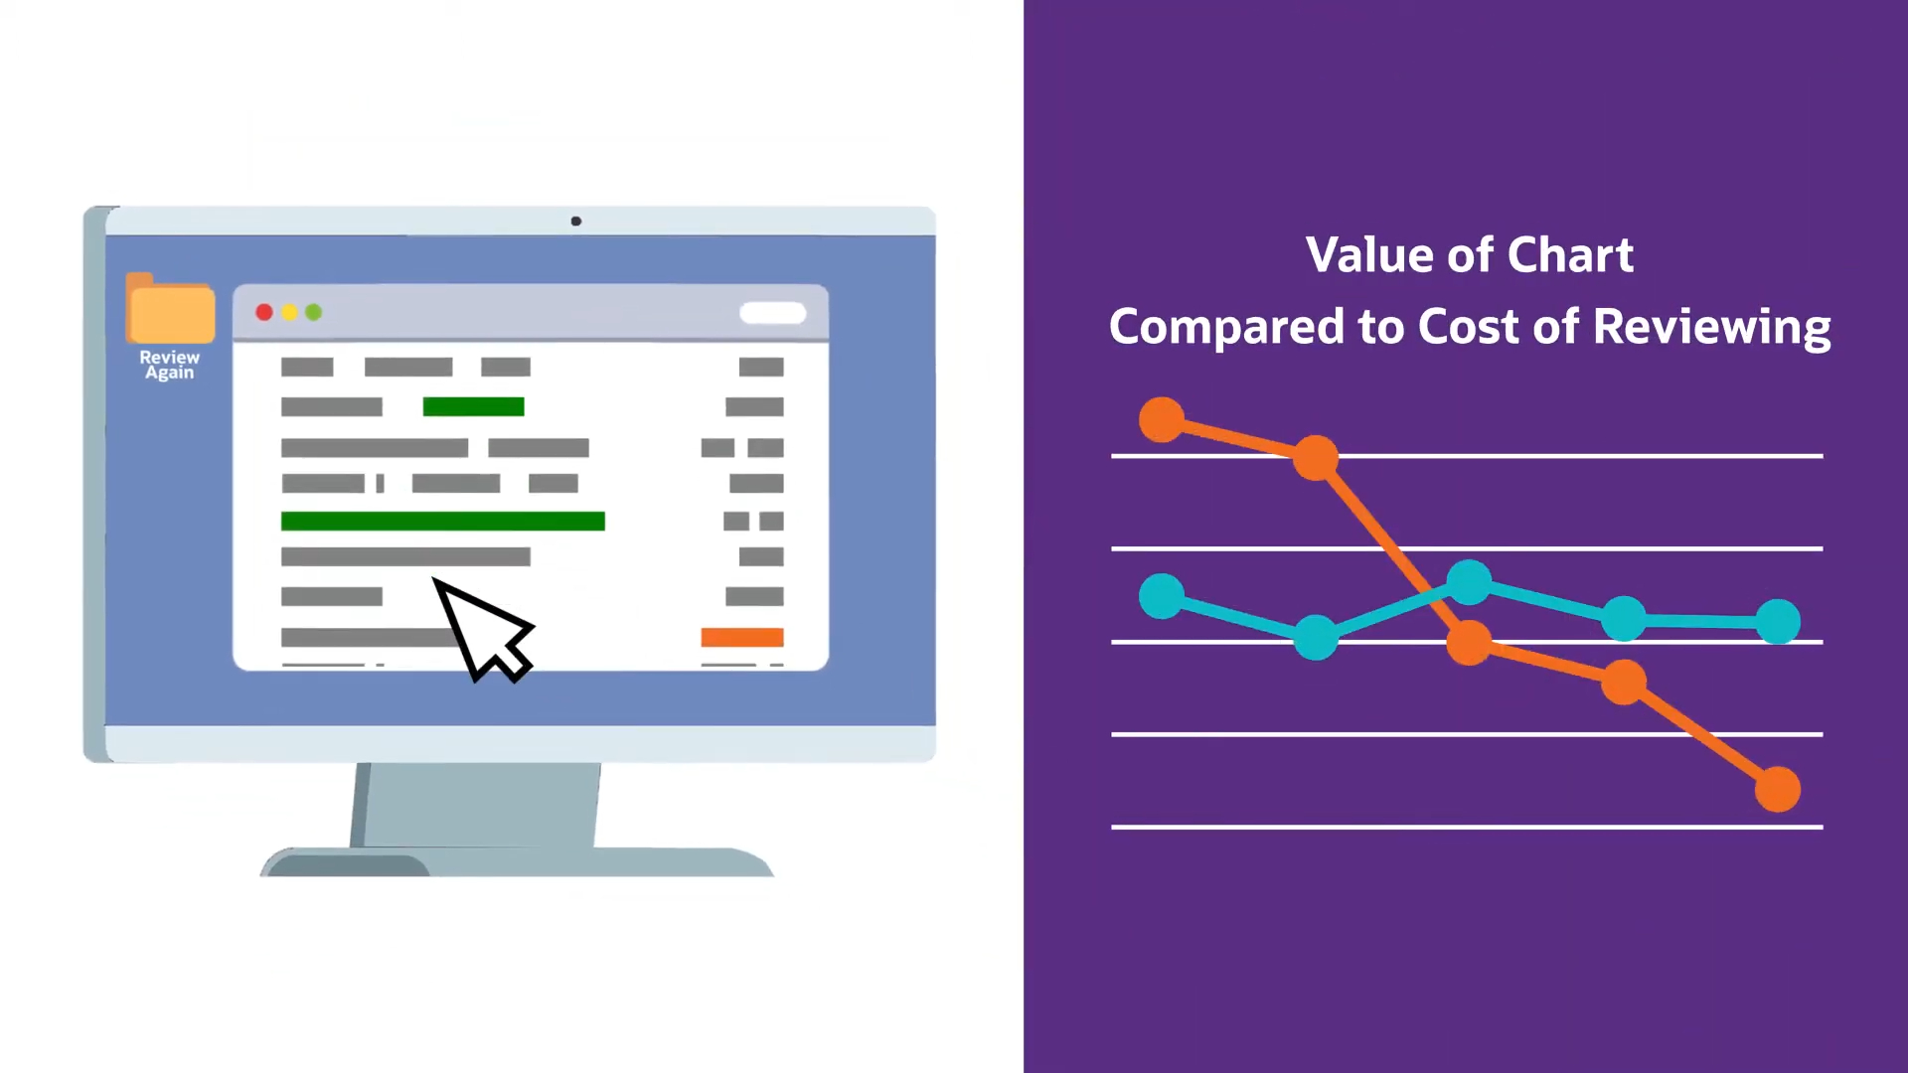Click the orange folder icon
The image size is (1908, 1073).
[170, 308]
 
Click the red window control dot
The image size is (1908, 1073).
[264, 313]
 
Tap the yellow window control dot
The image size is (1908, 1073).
[289, 313]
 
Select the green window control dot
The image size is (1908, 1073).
[314, 313]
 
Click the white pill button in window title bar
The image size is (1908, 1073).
[773, 313]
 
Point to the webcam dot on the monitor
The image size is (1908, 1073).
[576, 221]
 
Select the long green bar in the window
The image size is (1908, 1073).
[443, 522]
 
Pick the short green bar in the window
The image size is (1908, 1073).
[473, 406]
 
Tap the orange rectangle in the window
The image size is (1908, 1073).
[742, 638]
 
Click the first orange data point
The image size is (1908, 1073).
[1162, 419]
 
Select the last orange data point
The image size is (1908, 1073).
[1778, 790]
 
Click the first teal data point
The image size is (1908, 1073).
[1162, 596]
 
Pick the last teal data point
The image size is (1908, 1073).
[1778, 622]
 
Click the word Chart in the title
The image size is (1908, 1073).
[1570, 255]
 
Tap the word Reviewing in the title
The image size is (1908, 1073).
[1712, 328]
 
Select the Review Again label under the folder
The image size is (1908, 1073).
[170, 365]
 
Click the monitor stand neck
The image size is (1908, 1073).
[476, 805]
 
